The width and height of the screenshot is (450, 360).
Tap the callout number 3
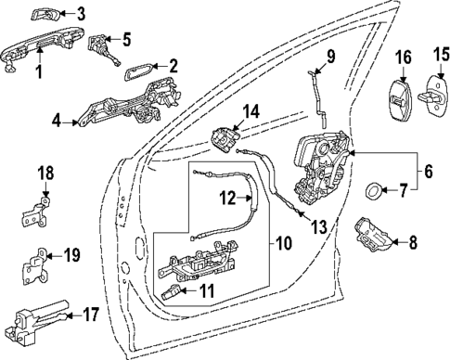[x=80, y=14]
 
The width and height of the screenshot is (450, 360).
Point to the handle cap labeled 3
[x=47, y=14]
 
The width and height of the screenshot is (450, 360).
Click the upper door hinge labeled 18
[x=34, y=211]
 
